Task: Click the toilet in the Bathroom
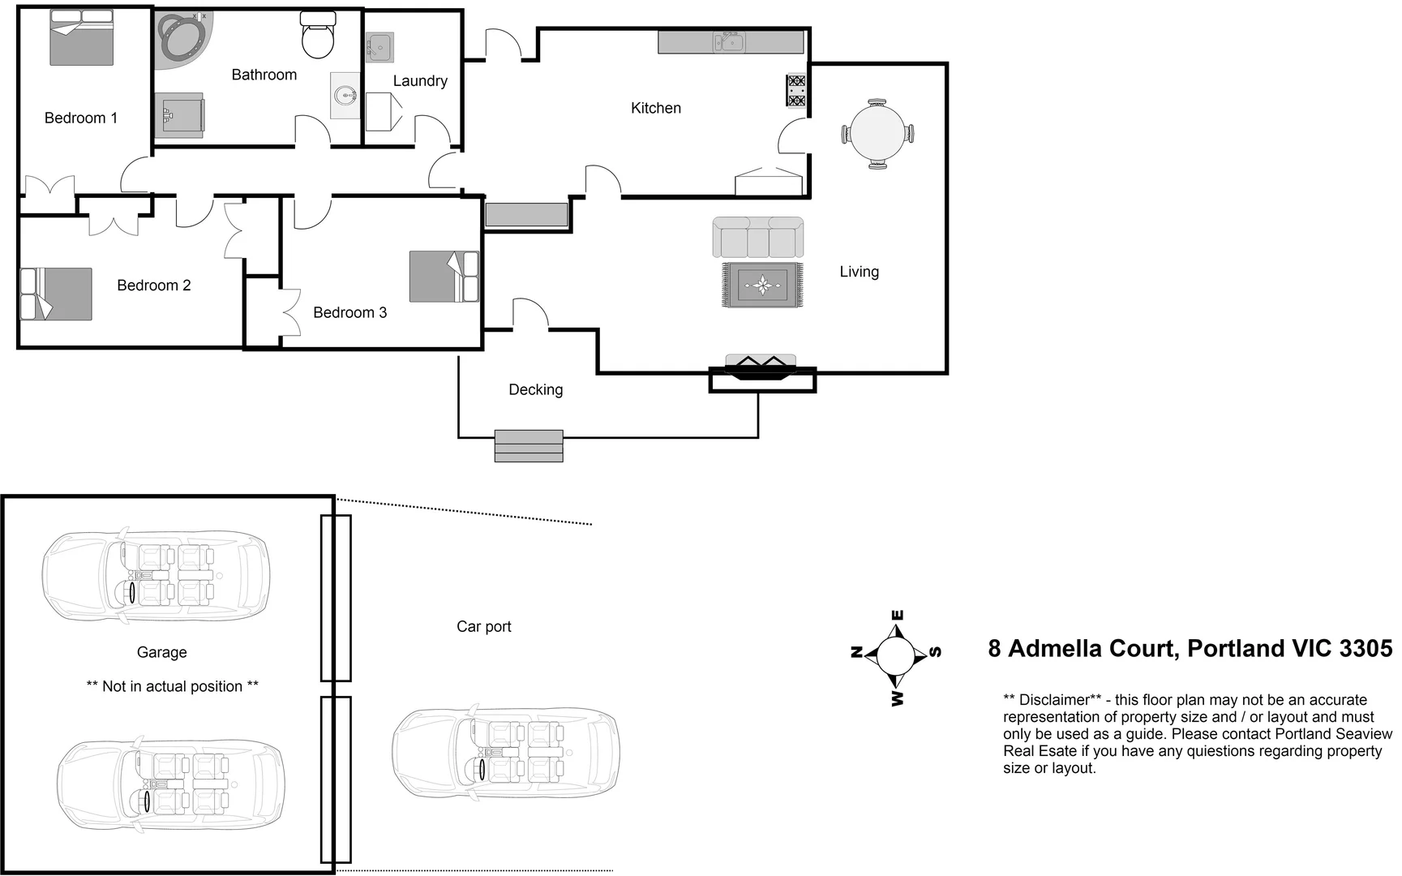point(317,36)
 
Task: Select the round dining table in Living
point(877,134)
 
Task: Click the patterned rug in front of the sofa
point(762,286)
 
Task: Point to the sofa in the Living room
point(758,237)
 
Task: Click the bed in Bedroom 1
point(81,39)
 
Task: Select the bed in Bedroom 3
point(444,277)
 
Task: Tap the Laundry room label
point(420,81)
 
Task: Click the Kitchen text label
point(655,108)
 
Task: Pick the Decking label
point(535,389)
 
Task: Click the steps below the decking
point(529,446)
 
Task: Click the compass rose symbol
point(896,654)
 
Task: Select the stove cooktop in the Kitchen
point(796,91)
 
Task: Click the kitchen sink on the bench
point(729,41)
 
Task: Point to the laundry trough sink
point(379,48)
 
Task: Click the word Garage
point(161,652)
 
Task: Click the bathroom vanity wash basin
point(346,96)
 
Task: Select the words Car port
point(483,626)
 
